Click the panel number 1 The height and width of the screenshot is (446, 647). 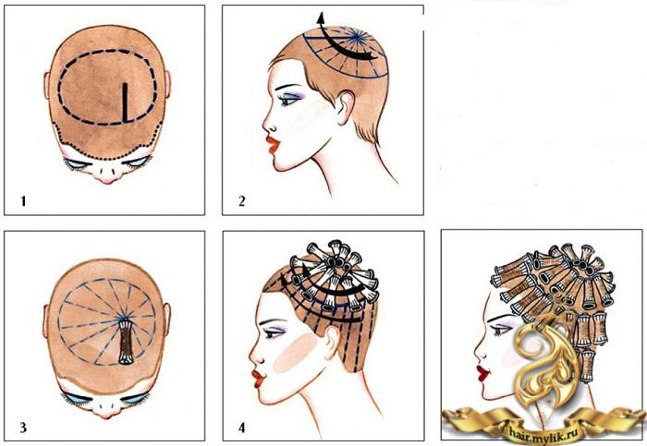[23, 201]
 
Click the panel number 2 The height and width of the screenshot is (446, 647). [242, 201]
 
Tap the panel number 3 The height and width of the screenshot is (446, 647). [23, 428]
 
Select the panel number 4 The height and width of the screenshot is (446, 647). [242, 428]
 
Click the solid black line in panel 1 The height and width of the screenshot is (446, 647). [125, 102]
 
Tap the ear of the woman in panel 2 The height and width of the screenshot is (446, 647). [346, 108]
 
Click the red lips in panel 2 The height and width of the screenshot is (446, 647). [273, 145]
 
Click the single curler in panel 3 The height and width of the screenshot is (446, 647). [126, 342]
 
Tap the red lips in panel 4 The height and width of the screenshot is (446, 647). [259, 379]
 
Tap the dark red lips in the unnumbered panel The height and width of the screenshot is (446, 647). [482, 373]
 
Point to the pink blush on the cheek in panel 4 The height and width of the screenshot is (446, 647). [294, 353]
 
